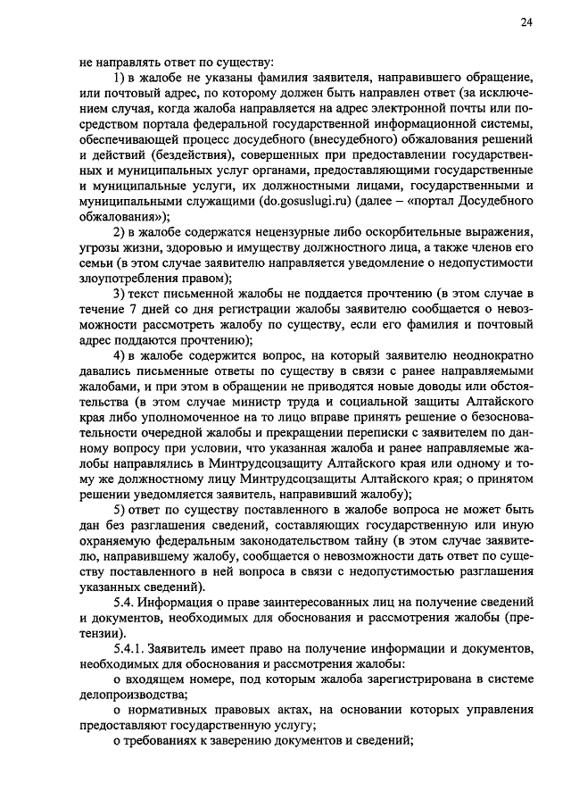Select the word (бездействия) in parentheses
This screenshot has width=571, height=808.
(155, 153)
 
